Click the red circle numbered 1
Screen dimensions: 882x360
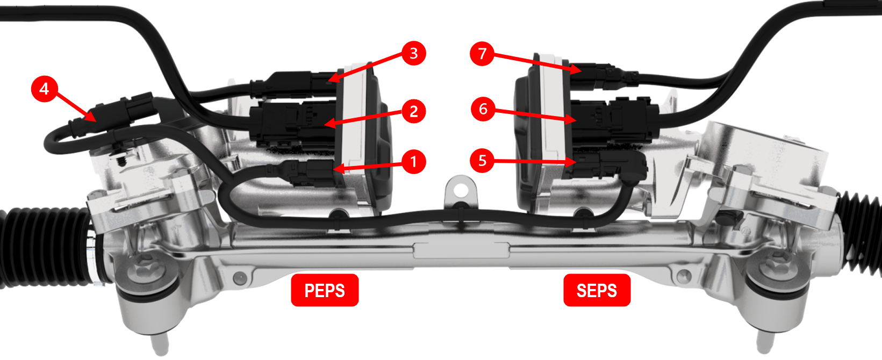pyautogui.click(x=413, y=161)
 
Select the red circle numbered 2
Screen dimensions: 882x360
pyautogui.click(x=413, y=111)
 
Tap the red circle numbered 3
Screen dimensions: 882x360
pyautogui.click(x=413, y=53)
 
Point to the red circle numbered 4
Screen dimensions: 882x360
pyautogui.click(x=45, y=89)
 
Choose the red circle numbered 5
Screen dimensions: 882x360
pyautogui.click(x=482, y=161)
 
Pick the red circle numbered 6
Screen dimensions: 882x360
pyautogui.click(x=483, y=109)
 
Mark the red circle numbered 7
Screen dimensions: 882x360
pyautogui.click(x=482, y=54)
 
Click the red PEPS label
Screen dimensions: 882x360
pyautogui.click(x=325, y=290)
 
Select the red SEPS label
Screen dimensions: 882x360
pyautogui.click(x=597, y=290)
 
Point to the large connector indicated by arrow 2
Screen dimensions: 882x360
pyautogui.click(x=293, y=124)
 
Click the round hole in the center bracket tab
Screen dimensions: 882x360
pyautogui.click(x=460, y=191)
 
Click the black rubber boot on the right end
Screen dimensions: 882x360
pyautogui.click(x=861, y=232)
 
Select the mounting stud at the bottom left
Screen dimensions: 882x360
pyautogui.click(x=160, y=342)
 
